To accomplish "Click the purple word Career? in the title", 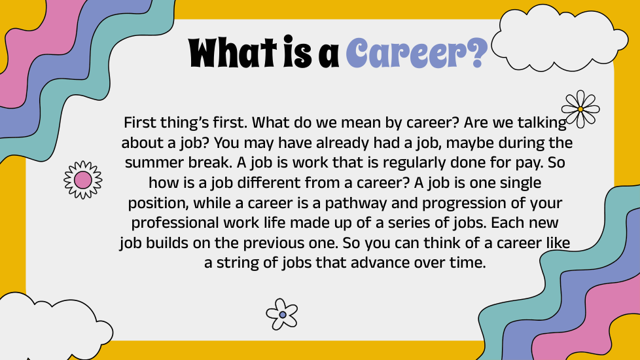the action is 417,53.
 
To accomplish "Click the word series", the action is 409,223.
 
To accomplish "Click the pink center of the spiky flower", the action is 83,180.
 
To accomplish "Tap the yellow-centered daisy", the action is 580,109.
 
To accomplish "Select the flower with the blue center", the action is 282,314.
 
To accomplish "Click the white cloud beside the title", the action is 559,38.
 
